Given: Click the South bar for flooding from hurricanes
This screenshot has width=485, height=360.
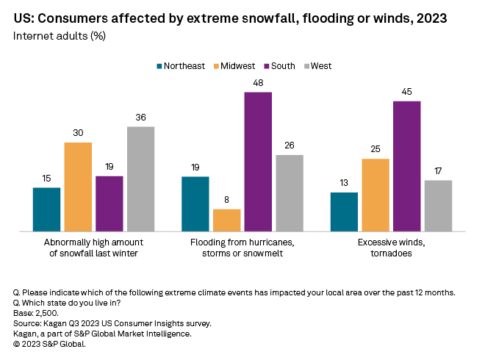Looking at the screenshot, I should coord(258,162).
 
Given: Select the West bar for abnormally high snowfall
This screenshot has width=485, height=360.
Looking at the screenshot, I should coord(140,179).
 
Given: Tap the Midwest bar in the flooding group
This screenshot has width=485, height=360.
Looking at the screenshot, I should coord(226,220).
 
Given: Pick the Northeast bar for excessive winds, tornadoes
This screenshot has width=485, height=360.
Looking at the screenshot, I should coord(344,212).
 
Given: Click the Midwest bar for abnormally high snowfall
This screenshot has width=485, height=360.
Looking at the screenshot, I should coord(78,187).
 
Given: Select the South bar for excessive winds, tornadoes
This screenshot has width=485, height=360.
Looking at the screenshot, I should coord(407,166).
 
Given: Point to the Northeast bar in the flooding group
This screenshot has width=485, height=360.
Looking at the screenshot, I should coord(195,204).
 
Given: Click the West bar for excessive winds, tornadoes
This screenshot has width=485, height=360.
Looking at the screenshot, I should coord(438,206).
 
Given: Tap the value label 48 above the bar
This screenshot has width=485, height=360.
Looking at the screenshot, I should coord(258,83).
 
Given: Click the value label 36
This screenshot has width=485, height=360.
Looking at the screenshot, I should coord(140,118).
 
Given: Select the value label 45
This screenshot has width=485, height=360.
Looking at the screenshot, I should coord(407,92).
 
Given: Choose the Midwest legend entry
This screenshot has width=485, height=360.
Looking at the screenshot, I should coord(232,66).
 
